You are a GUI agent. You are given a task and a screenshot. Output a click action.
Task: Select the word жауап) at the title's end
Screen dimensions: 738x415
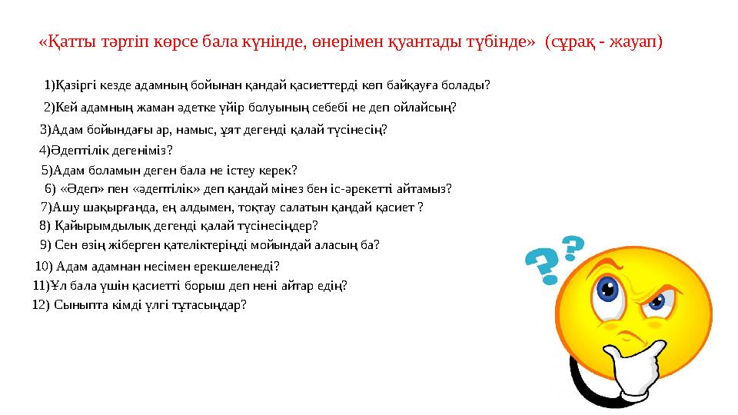pyautogui.click(x=636, y=41)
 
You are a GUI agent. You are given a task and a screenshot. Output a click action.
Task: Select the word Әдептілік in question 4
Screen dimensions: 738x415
pyautogui.click(x=79, y=151)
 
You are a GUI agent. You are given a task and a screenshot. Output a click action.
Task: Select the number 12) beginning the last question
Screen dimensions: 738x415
pyautogui.click(x=41, y=305)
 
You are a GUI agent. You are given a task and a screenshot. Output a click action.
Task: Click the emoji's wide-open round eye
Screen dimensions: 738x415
pyautogui.click(x=609, y=290)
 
